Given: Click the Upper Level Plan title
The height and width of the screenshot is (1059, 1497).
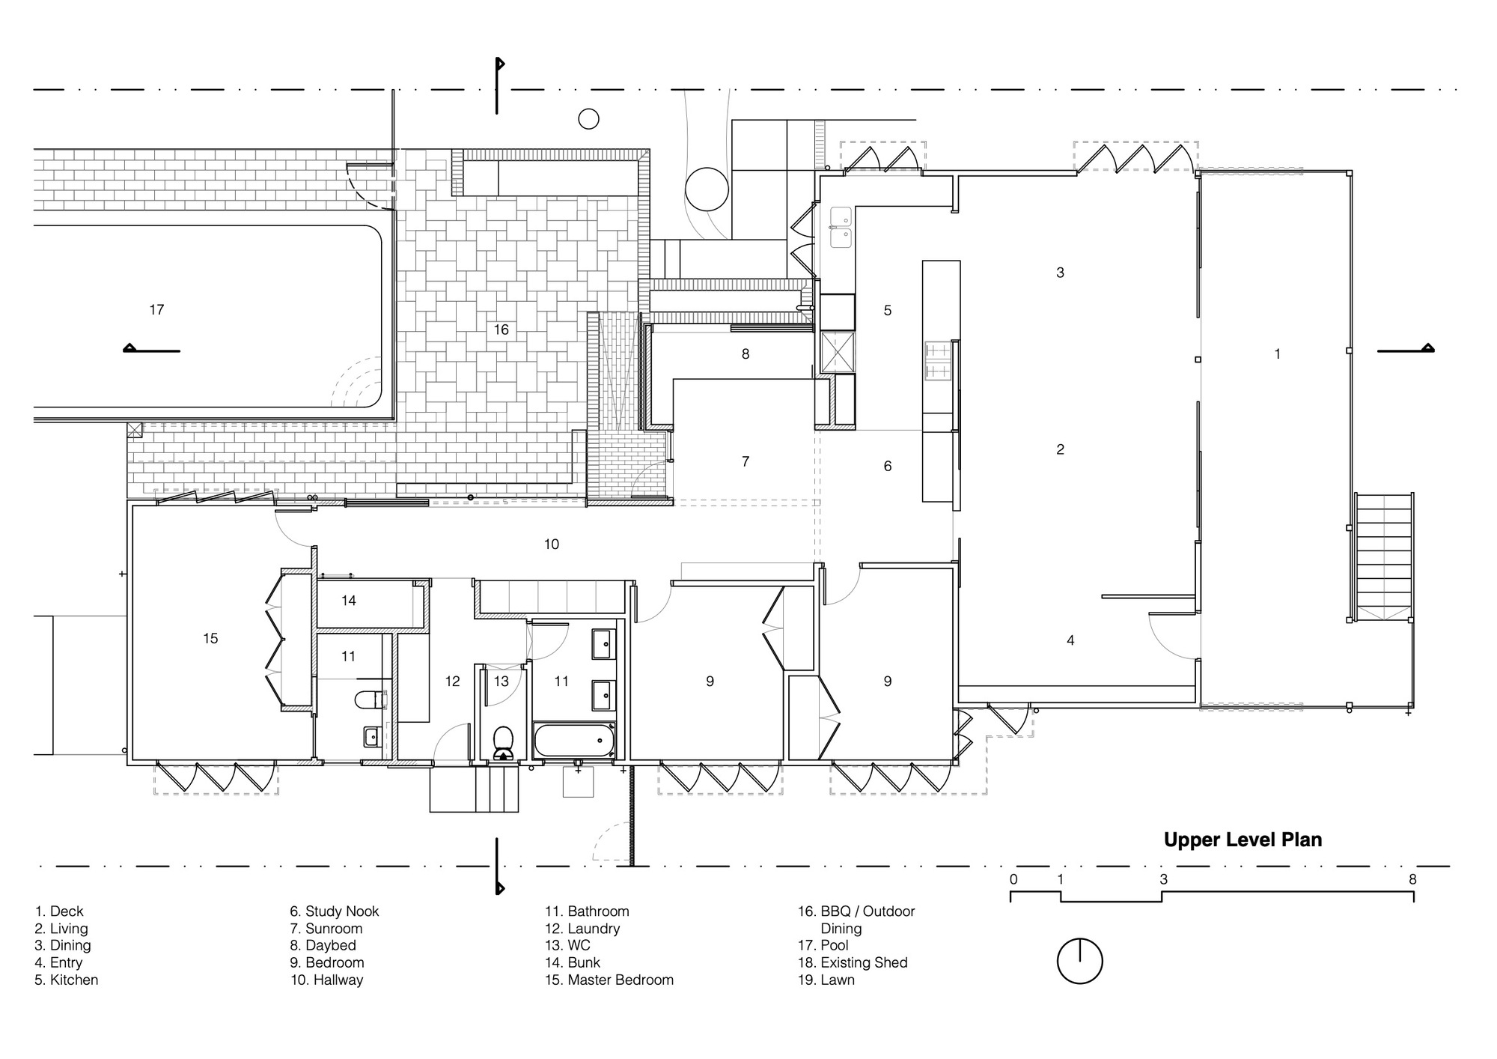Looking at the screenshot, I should click(x=1243, y=840).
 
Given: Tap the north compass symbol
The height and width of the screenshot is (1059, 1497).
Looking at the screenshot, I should click(x=1079, y=961).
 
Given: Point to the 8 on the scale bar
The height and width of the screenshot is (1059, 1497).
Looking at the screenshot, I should click(x=1412, y=879).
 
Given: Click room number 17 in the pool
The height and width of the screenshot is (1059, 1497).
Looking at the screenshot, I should click(x=156, y=309).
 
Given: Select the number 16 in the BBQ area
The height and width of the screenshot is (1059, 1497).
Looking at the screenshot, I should click(x=501, y=330).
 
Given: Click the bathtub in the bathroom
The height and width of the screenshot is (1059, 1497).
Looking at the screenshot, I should click(x=574, y=741).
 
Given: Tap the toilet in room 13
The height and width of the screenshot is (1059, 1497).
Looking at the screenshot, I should click(x=503, y=741).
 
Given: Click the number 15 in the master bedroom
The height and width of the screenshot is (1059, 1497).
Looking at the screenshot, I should click(x=210, y=638).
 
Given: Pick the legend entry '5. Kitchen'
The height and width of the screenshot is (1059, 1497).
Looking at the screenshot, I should click(x=67, y=980).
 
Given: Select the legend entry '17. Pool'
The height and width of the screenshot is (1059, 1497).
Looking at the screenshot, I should click(x=823, y=945).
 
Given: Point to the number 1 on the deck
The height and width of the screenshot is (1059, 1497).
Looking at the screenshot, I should click(x=1277, y=353).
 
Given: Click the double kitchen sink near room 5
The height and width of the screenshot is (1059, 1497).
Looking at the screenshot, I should click(x=841, y=228).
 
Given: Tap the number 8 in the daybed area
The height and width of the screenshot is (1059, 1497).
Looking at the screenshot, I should click(x=746, y=353).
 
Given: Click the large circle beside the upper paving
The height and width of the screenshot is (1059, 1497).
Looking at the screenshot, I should click(x=707, y=189).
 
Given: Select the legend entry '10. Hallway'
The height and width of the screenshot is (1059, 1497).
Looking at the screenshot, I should click(x=326, y=980).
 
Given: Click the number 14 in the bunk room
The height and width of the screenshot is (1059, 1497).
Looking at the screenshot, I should click(x=349, y=600).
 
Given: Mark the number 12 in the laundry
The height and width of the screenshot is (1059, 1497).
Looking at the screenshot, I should click(x=452, y=681).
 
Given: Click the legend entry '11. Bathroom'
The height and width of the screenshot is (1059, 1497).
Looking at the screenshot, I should click(x=587, y=911).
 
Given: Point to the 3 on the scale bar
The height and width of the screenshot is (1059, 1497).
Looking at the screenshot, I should click(x=1163, y=879).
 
